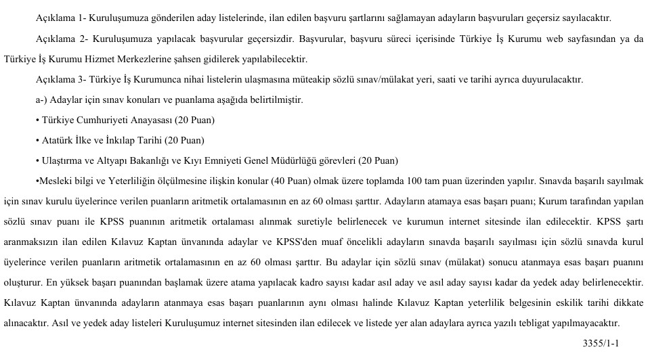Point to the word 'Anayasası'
click(148, 120)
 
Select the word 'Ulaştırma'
click(60, 161)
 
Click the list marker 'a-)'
click(43, 100)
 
